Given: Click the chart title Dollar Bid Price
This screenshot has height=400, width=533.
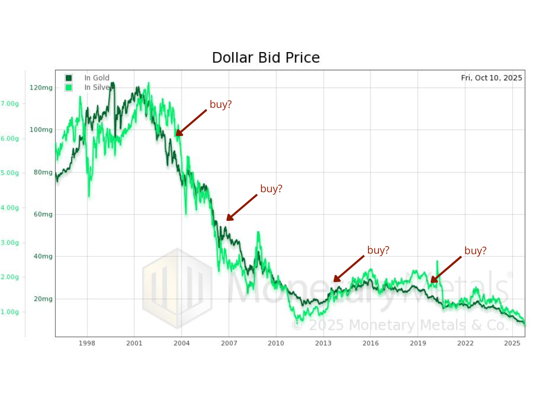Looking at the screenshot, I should click(265, 57).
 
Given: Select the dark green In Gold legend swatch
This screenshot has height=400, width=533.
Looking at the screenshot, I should click(69, 78).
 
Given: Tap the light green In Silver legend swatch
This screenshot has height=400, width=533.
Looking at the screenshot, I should click(69, 87).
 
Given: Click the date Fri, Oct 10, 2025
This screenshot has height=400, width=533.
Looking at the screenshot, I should click(491, 78).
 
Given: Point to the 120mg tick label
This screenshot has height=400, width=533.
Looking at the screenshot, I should click(41, 87).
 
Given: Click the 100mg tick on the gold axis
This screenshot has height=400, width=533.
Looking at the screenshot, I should click(41, 130).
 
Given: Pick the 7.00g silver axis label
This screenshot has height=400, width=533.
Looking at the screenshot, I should click(10, 104).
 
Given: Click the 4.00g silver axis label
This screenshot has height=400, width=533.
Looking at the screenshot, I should click(10, 208).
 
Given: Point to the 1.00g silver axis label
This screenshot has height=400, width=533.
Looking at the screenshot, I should click(10, 312).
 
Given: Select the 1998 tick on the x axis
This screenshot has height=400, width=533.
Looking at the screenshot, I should click(87, 343).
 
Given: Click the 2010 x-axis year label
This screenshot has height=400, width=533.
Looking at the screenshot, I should click(276, 343).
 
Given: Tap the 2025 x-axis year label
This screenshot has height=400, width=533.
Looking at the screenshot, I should click(513, 343).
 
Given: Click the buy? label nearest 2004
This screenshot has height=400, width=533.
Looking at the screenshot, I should click(221, 104).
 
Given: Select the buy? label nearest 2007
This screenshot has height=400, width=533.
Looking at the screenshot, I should click(271, 189).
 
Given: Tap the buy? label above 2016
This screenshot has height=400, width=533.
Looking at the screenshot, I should click(378, 250).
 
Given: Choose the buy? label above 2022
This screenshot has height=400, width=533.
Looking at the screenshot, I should click(475, 251).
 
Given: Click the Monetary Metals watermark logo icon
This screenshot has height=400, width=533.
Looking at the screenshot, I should click(177, 288).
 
